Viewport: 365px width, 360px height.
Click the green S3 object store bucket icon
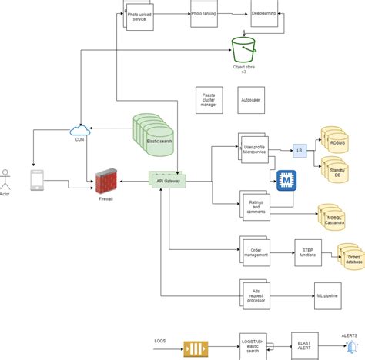243,51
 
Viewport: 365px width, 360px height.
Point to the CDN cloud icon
79,130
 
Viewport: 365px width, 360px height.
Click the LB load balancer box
300,152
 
